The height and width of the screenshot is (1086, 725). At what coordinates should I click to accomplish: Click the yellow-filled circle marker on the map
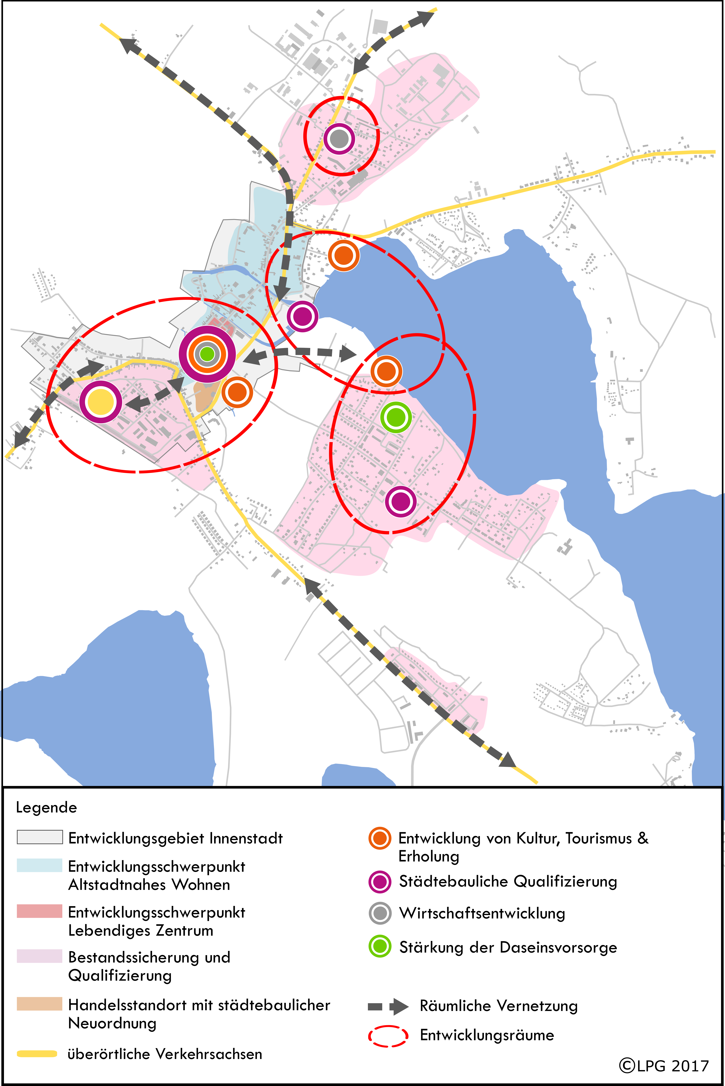coord(100,402)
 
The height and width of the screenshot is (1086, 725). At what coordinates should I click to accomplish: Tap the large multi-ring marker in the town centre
coord(207,354)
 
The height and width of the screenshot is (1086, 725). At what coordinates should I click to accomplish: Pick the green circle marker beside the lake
coord(396,417)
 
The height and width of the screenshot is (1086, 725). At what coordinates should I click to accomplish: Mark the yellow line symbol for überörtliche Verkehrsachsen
coord(37,1054)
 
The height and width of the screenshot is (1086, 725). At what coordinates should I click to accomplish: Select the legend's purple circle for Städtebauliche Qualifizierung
coord(380,882)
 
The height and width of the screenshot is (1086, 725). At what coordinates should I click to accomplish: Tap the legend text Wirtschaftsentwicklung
coord(482,914)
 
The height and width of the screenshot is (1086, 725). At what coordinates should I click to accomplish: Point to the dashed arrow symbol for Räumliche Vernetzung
coord(388,1007)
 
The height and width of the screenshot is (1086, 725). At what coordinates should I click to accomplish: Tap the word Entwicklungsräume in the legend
coord(487,1035)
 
